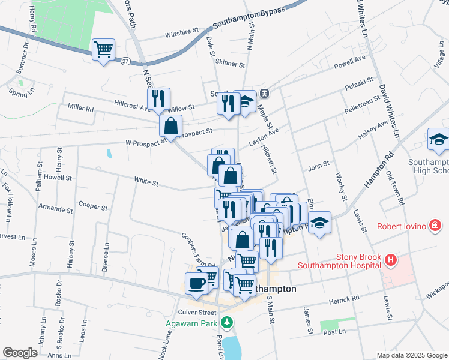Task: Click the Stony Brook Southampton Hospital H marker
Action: tap(391, 260)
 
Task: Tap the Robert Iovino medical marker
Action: tap(435, 226)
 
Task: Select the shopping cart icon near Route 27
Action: tap(104, 49)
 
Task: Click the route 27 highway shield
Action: tap(125, 61)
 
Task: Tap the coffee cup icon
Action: tap(196, 283)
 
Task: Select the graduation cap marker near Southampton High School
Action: tap(439, 140)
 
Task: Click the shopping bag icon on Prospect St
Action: tap(170, 126)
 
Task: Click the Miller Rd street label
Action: tap(81, 109)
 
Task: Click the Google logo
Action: tap(20, 353)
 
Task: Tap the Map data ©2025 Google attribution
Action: tap(411, 355)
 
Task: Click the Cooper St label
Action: tap(92, 207)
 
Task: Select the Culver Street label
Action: tap(197, 313)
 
